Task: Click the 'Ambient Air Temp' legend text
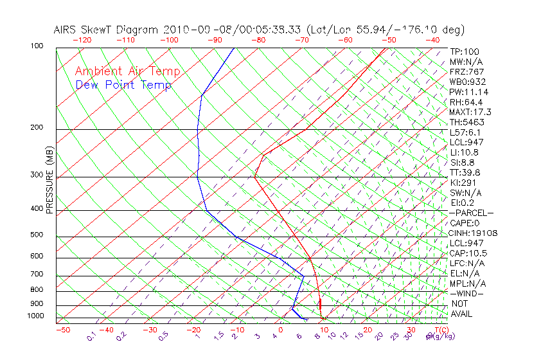tap(127, 71)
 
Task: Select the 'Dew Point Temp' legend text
tap(123, 85)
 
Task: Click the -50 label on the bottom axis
tap(62, 330)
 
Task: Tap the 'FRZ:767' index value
tap(467, 72)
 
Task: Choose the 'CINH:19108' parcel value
tap(474, 233)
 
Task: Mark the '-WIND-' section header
tap(467, 293)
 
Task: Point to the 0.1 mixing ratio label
tap(91, 336)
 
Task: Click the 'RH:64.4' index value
tap(465, 102)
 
